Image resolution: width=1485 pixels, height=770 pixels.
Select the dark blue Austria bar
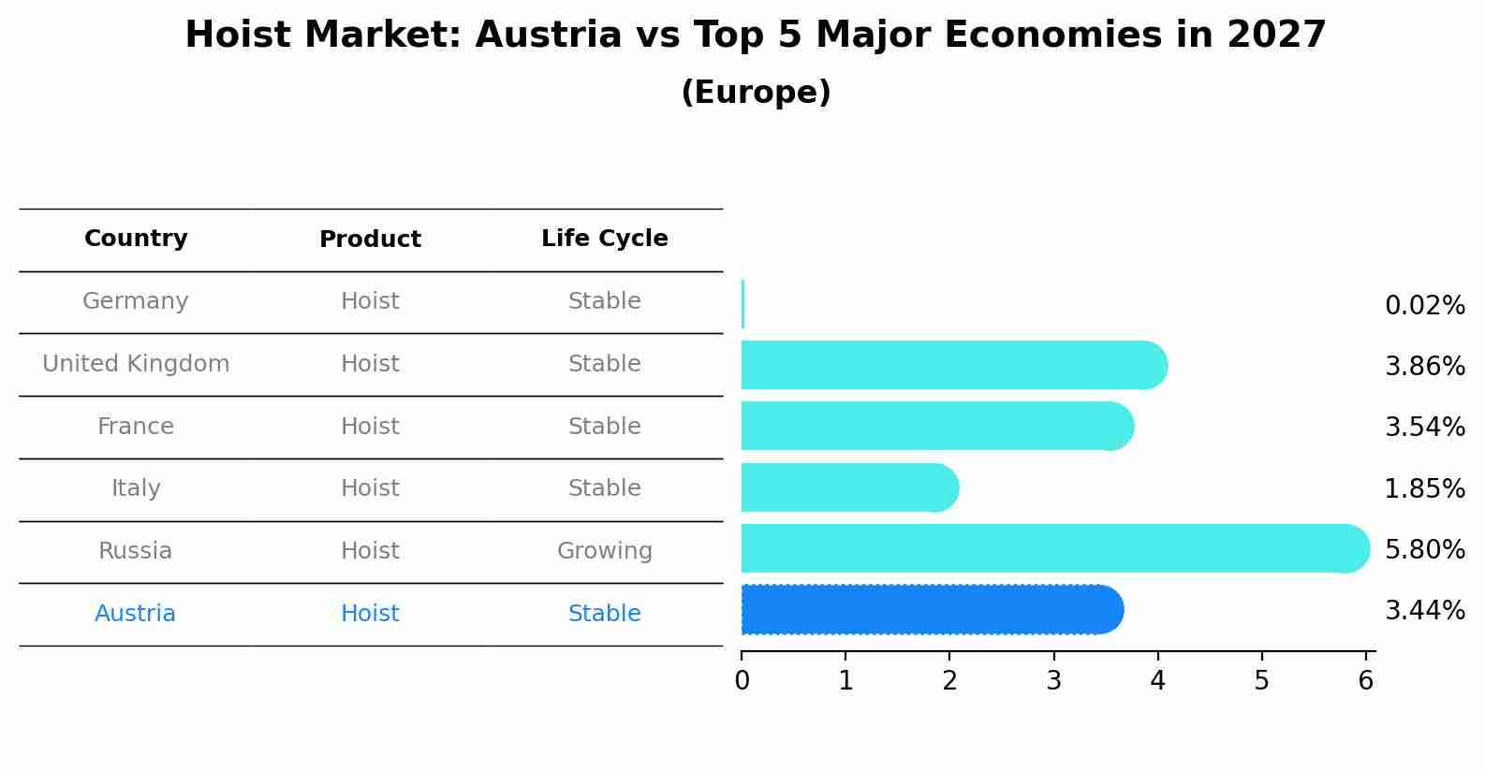(932, 610)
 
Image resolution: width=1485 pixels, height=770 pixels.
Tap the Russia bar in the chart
(1054, 548)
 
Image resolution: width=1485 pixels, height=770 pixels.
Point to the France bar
(936, 426)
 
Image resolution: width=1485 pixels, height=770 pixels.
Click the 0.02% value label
(1424, 306)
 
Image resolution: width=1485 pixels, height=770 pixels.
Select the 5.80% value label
(1424, 549)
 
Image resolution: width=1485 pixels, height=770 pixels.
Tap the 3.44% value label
(1424, 611)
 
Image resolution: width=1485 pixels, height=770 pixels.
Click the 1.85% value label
(1424, 488)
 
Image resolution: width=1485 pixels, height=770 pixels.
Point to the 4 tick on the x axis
(1158, 681)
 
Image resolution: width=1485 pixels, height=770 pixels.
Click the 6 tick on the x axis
(1366, 681)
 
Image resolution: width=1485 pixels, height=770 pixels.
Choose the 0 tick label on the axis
(742, 681)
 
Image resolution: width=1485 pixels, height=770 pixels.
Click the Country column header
(136, 239)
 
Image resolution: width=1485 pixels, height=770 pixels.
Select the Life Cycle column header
(604, 239)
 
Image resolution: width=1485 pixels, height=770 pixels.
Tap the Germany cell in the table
(136, 301)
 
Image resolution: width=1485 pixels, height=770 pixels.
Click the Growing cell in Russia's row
(604, 551)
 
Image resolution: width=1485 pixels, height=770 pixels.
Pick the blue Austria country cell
(136, 614)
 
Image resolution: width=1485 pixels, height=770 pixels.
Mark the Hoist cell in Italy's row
(370, 488)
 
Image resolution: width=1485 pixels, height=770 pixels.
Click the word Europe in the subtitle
(756, 93)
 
